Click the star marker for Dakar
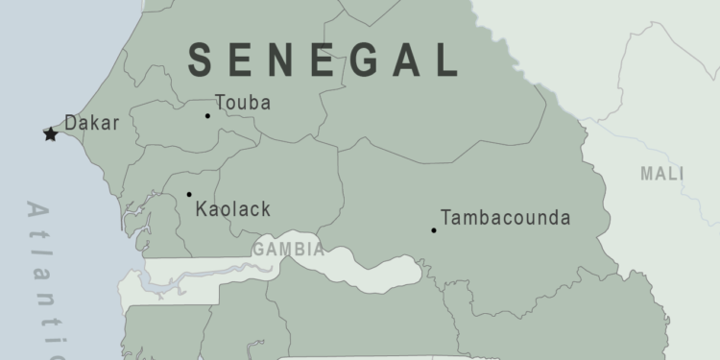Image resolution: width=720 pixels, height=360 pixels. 50,134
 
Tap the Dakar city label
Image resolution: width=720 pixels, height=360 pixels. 91,123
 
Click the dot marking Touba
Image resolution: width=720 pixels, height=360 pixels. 207,116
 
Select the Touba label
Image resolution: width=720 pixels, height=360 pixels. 243,103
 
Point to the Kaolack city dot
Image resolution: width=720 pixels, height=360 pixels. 189,194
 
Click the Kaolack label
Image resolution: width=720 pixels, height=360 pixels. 232,209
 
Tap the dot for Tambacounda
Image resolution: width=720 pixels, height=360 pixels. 434,229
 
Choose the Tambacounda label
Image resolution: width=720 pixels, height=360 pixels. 505,218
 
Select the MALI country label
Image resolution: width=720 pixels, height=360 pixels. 662,174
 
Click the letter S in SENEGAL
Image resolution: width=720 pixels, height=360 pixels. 201,60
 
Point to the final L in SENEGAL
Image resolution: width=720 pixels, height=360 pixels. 446,60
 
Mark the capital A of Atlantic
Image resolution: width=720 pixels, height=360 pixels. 39,211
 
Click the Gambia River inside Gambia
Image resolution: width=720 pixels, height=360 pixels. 192,277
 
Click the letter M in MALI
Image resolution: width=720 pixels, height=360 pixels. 648,174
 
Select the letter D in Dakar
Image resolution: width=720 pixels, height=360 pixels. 70,123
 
